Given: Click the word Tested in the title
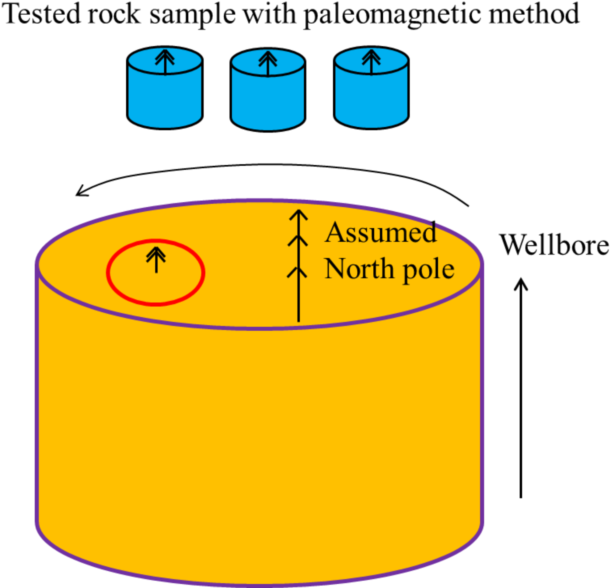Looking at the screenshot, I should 42,14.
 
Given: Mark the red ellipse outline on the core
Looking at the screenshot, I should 108,272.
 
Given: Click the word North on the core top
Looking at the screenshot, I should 359,269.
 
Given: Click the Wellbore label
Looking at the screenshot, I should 554,245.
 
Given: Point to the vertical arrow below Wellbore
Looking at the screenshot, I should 521,390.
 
